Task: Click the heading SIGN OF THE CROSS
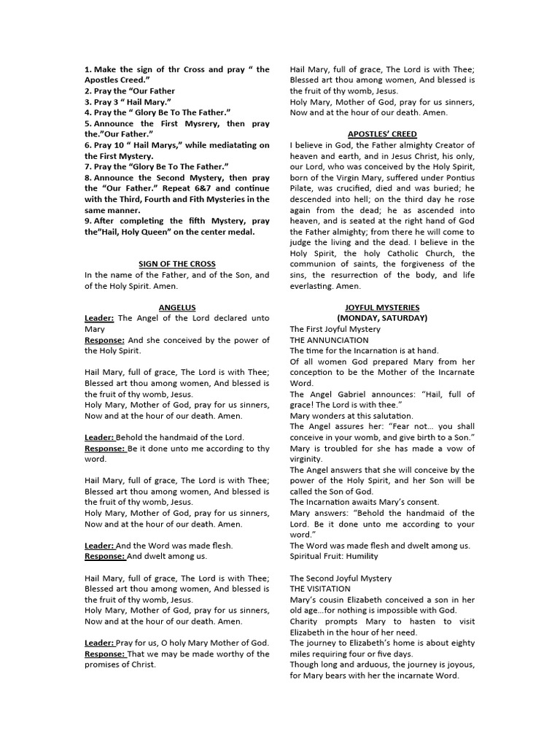(x=177, y=263)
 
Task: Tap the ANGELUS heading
(x=177, y=307)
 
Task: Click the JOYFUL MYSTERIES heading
(x=382, y=307)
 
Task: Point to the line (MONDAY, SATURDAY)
(x=382, y=318)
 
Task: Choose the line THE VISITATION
(x=320, y=589)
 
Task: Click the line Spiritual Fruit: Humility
(x=335, y=556)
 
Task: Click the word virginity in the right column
(x=306, y=459)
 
